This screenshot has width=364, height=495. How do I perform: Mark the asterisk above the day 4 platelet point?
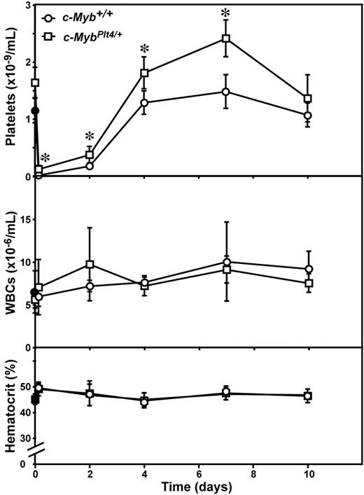click(144, 49)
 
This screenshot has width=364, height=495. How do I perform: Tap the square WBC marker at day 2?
click(90, 265)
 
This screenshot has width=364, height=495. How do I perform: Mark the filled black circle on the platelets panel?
click(35, 111)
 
